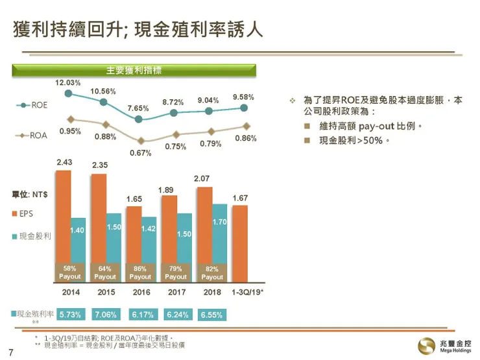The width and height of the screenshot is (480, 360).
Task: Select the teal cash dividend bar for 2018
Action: tap(219, 234)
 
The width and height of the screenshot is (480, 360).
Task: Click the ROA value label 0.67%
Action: tap(141, 153)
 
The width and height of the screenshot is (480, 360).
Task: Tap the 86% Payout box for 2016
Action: tap(140, 272)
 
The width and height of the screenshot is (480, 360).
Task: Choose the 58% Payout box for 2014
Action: tap(70, 272)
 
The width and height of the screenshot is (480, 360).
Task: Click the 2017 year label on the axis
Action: tap(176, 293)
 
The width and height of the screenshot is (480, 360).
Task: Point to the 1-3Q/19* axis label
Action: tap(247, 293)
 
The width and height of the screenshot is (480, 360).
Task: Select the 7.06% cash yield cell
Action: tap(105, 315)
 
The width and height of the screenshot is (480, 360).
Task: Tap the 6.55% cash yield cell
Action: tap(212, 315)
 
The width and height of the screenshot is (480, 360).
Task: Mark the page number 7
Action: tap(10, 352)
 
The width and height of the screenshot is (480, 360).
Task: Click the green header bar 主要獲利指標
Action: tap(134, 70)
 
